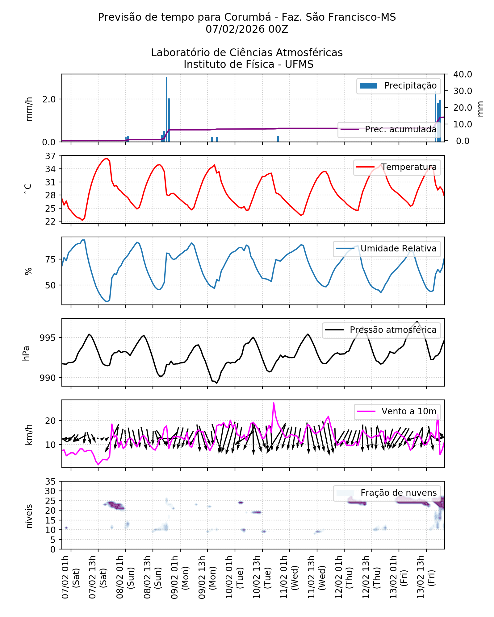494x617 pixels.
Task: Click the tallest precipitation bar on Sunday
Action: coord(166,109)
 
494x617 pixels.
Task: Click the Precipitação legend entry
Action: coord(398,86)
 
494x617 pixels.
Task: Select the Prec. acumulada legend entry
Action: coord(389,130)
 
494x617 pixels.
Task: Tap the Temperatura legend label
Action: coord(409,167)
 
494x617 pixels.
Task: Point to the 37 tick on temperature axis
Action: coord(50,156)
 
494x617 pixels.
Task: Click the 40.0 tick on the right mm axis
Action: coord(462,74)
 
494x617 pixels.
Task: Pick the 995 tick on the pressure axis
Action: coord(48,338)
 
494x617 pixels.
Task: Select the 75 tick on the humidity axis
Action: coord(50,260)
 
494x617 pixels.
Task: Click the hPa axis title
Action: coord(26,353)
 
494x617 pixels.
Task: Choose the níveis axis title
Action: coord(29,516)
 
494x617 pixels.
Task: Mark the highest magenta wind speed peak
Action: coord(274,403)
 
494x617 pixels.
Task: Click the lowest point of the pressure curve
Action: coord(217,383)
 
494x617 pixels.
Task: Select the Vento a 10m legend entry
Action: coord(397,412)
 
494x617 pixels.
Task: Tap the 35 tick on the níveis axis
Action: coord(50,482)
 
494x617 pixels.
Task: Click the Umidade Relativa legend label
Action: coord(398,249)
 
